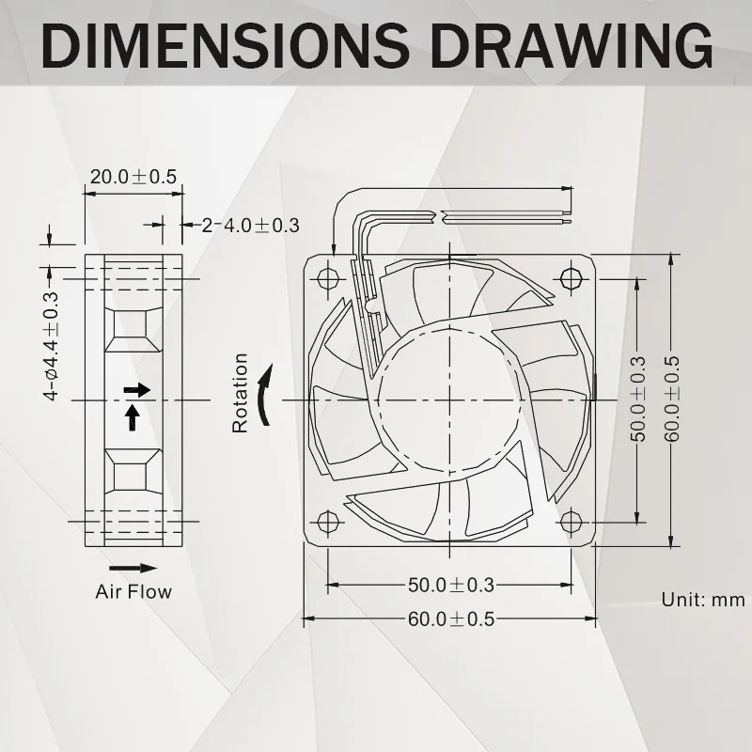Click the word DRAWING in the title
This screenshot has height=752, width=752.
click(x=564, y=44)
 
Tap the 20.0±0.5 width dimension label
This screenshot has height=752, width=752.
click(x=133, y=177)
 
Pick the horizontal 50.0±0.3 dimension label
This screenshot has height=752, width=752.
click(x=450, y=585)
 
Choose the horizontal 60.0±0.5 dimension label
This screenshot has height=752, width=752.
click(x=450, y=619)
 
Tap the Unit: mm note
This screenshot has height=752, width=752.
click(x=703, y=600)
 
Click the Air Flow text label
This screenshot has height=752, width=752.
click(x=133, y=592)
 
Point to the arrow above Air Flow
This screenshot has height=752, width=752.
click(x=133, y=568)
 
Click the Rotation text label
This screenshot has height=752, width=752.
click(x=241, y=393)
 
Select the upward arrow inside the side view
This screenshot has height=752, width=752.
click(x=133, y=415)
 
